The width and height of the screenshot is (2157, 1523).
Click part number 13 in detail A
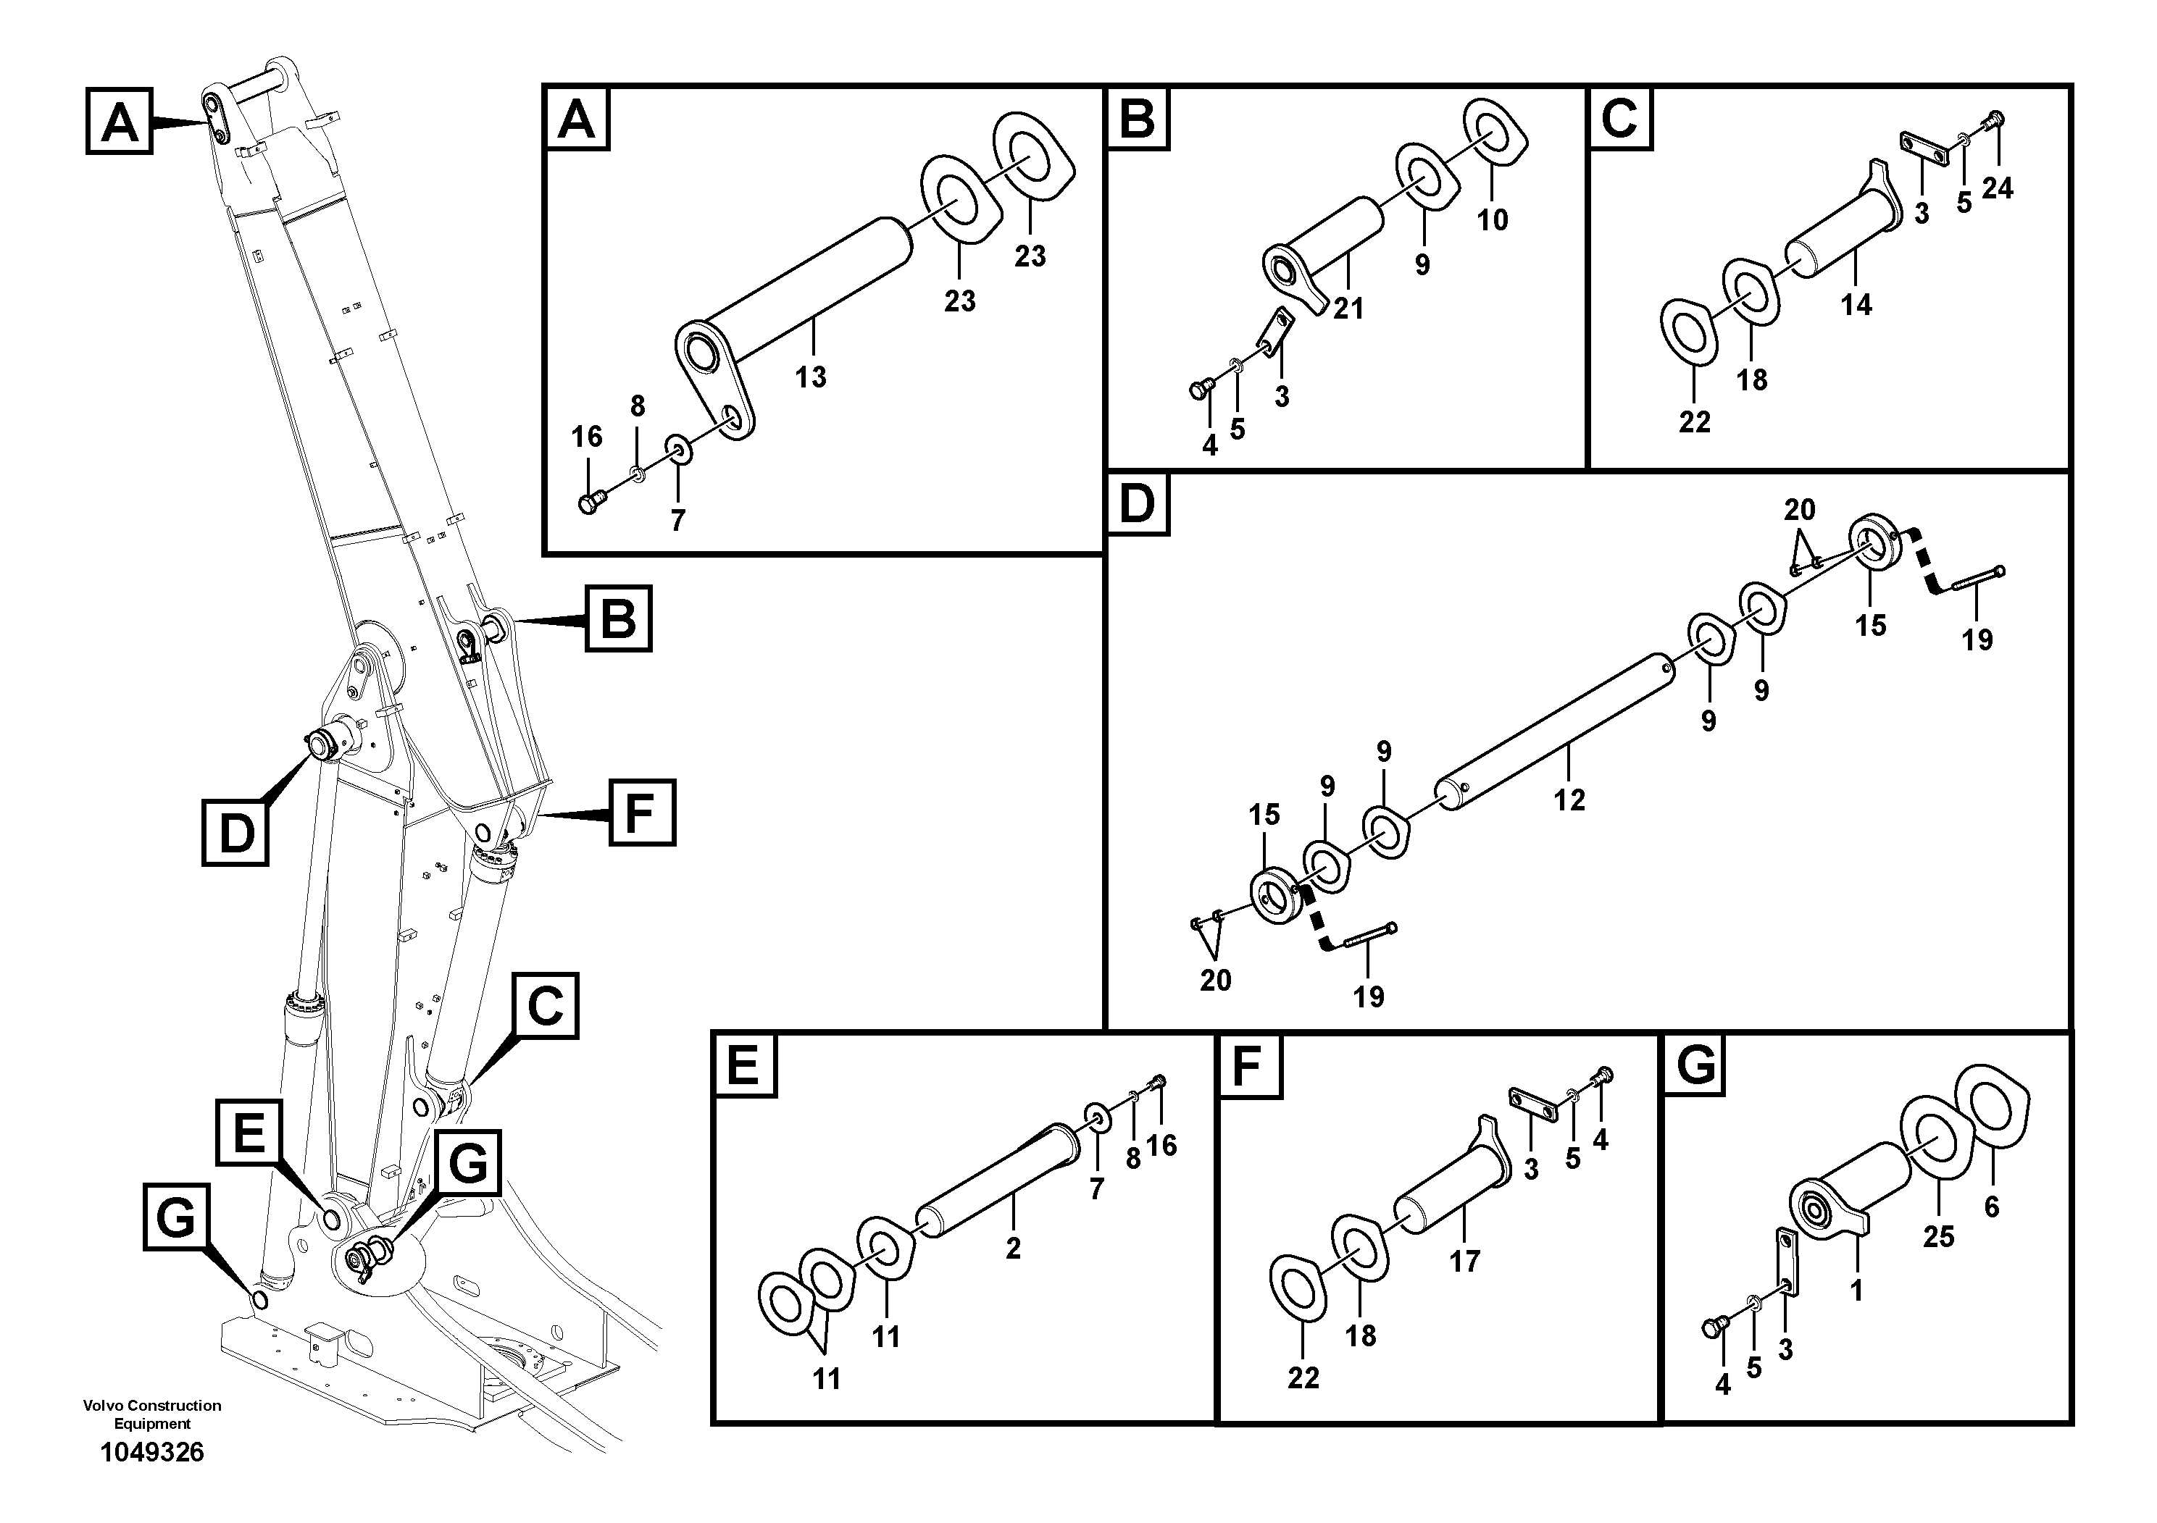pyautogui.click(x=810, y=377)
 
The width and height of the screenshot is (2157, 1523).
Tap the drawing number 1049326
pyautogui.click(x=152, y=1453)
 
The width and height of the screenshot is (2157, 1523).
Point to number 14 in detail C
pyautogui.click(x=1856, y=305)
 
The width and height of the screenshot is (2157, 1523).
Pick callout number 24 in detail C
pyautogui.click(x=1998, y=189)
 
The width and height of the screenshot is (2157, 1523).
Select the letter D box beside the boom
pyautogui.click(x=235, y=832)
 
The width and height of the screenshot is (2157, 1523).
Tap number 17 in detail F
pyautogui.click(x=1464, y=1261)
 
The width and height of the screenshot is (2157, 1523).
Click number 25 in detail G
pyautogui.click(x=1938, y=1237)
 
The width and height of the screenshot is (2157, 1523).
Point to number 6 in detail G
pyautogui.click(x=1992, y=1207)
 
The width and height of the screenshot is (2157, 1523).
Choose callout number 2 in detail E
pyautogui.click(x=1013, y=1249)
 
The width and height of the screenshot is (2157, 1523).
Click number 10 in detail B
pyautogui.click(x=1493, y=221)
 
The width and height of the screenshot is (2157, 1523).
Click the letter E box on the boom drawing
pyautogui.click(x=249, y=1136)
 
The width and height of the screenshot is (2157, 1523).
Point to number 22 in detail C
pyautogui.click(x=1695, y=422)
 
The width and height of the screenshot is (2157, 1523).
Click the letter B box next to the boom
pyautogui.click(x=617, y=618)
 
